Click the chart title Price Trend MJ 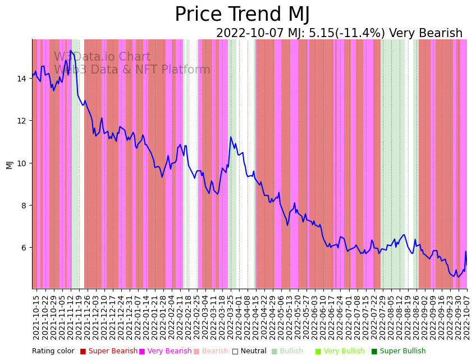click(242, 15)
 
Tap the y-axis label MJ click(10, 164)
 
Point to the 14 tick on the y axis click(21, 79)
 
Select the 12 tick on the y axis click(21, 121)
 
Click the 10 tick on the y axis click(21, 163)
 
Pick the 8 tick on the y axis click(23, 206)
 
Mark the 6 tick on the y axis click(23, 248)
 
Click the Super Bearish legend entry click(113, 351)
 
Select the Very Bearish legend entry click(169, 351)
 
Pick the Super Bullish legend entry click(402, 351)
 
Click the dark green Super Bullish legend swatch click(374, 351)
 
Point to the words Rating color click(53, 351)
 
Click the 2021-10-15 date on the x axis click(36, 317)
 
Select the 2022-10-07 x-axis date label click(466, 317)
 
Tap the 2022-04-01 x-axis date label click(240, 317)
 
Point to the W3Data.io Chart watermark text click(102, 57)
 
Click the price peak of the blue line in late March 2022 click(231, 137)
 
